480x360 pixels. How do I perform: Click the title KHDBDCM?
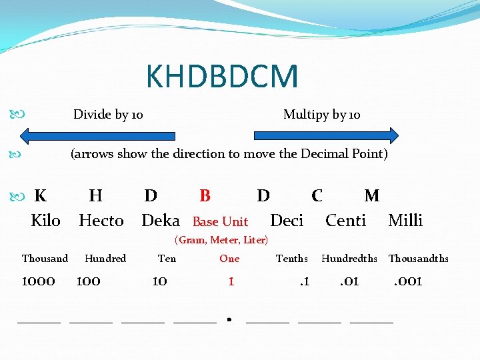click(x=222, y=76)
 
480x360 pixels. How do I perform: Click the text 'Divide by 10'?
click(x=108, y=115)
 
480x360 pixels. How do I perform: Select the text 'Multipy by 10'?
click(x=321, y=115)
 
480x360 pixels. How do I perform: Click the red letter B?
click(x=205, y=195)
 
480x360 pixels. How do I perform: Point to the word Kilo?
click(x=46, y=221)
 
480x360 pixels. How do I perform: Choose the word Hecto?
click(x=101, y=221)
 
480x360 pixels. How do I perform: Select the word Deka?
click(x=161, y=221)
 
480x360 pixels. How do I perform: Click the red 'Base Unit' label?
click(x=220, y=221)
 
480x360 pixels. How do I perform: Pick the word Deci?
click(x=287, y=221)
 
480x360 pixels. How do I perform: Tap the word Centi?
click(x=345, y=221)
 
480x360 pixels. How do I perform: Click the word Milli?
click(x=405, y=221)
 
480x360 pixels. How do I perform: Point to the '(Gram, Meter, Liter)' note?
click(x=221, y=240)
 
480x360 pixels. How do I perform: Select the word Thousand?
click(x=45, y=259)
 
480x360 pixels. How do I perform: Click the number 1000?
click(x=39, y=281)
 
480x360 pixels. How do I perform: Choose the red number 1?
click(x=231, y=281)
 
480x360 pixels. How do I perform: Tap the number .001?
click(x=407, y=281)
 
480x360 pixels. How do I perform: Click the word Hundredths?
click(x=349, y=259)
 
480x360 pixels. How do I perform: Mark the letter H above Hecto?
click(x=95, y=195)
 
